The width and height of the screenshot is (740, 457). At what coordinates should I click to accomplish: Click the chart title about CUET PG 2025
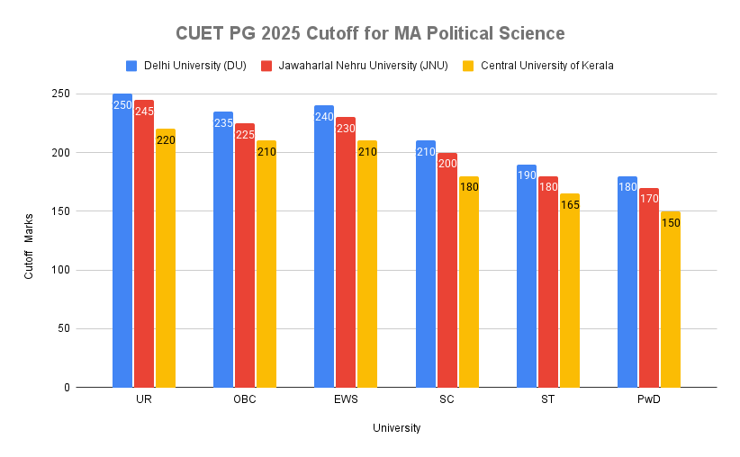coord(369,34)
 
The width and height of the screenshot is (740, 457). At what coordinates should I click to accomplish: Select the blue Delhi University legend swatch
coord(131,66)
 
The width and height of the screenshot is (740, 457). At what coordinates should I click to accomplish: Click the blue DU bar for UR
coord(122,243)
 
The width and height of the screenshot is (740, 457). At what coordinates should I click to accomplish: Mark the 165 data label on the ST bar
coord(570,205)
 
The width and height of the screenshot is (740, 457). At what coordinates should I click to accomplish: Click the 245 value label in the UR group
coord(144,112)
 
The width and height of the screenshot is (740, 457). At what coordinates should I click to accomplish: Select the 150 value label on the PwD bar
coord(671,222)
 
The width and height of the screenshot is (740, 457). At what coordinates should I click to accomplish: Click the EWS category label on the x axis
coord(346,400)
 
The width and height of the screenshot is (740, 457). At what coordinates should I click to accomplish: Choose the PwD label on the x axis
coord(649,400)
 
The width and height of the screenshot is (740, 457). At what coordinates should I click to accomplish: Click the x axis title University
coord(396,428)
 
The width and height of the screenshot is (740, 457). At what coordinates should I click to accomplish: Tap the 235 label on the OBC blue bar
coord(223,123)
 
